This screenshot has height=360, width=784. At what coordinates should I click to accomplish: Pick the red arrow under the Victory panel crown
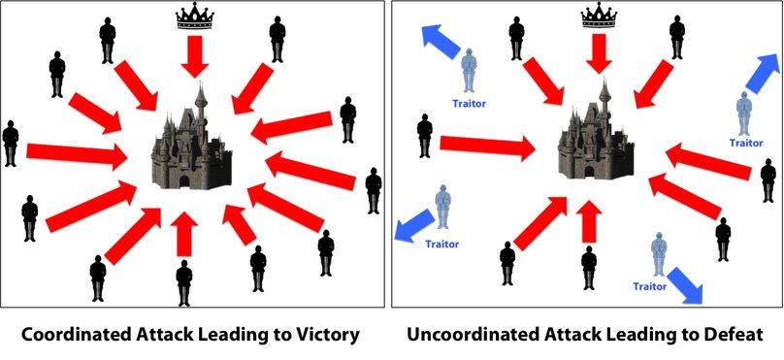tap(194, 56)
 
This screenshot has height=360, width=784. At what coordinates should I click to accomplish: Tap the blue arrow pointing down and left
tap(414, 226)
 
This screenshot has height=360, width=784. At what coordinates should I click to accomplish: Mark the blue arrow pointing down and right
tap(684, 285)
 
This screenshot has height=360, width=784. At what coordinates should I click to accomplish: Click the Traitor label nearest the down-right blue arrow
tap(649, 286)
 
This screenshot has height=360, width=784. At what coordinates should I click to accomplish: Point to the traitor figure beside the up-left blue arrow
tap(469, 71)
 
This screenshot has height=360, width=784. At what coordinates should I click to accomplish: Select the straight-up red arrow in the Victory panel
tap(184, 234)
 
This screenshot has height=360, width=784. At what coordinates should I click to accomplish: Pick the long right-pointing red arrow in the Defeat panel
tap(487, 148)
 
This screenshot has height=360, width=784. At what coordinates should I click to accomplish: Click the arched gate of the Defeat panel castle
tap(590, 172)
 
